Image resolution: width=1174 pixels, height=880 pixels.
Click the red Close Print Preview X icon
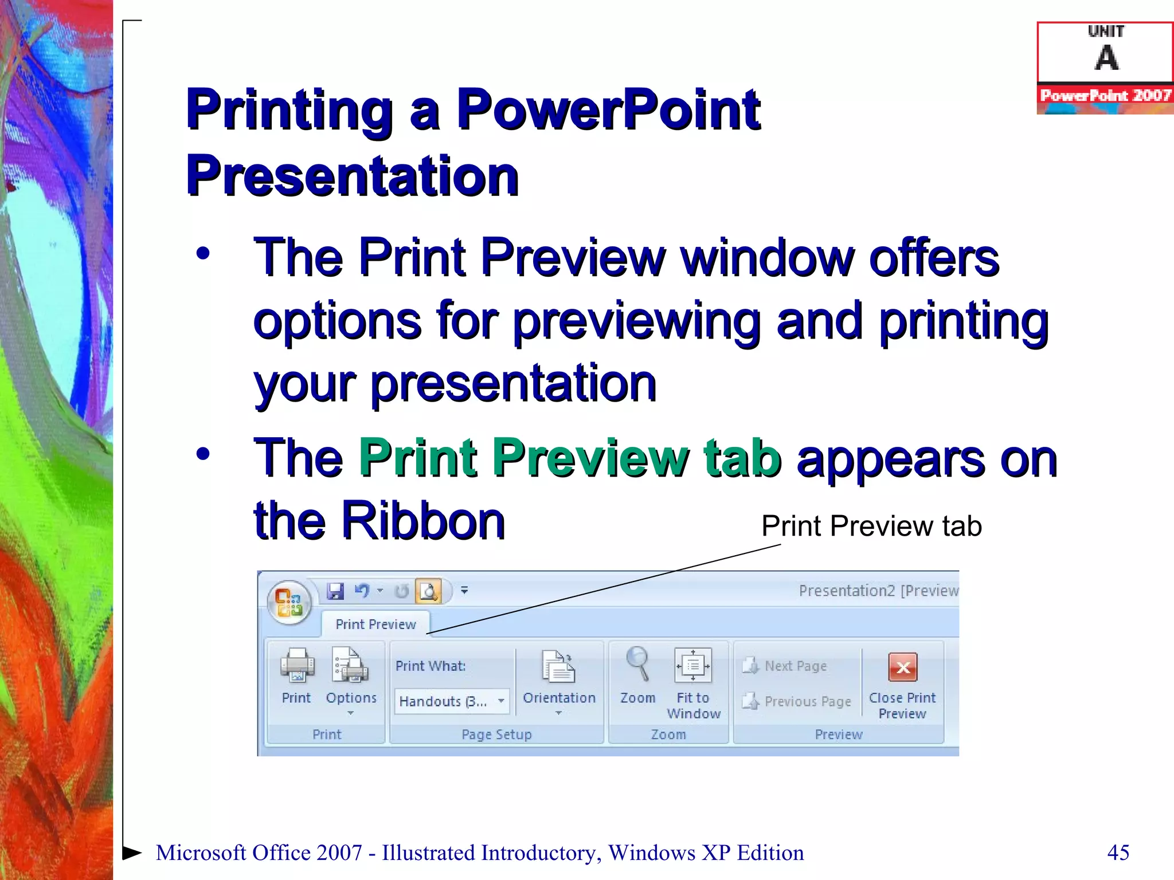coord(902,667)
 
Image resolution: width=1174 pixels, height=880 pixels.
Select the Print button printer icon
coord(297,666)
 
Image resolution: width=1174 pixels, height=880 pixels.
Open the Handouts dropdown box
coord(451,701)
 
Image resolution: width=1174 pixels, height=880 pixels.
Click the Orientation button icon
coord(558,667)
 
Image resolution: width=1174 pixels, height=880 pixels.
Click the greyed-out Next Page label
coord(796,666)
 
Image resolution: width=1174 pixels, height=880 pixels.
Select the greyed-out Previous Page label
coord(807,701)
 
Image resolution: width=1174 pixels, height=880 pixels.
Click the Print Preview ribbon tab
coord(375,624)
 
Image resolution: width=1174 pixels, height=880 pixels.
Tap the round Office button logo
coord(289,602)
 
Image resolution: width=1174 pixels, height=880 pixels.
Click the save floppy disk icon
coord(335,591)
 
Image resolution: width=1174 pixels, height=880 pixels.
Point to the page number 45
coord(1118,852)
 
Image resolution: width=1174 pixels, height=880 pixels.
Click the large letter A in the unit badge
coord(1106,58)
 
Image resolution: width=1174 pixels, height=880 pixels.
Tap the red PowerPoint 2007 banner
coord(1105,95)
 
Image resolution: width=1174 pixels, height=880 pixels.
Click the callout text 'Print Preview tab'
coord(871,526)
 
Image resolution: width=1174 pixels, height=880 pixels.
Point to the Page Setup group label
coord(496,734)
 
